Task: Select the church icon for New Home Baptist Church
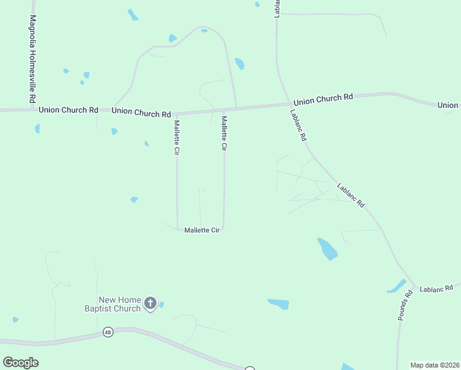coord(150,303)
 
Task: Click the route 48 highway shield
coord(108,332)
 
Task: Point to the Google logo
coord(20,363)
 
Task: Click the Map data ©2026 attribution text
coord(434,365)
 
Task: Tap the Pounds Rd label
coord(405,306)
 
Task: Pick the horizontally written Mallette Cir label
coord(202,230)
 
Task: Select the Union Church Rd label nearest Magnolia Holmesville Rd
coord(68,110)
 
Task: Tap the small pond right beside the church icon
coord(161,305)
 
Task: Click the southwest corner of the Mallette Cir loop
coord(178,229)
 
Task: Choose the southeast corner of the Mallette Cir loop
coord(223,228)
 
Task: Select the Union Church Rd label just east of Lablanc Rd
coord(323,99)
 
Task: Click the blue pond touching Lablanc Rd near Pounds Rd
coord(396,286)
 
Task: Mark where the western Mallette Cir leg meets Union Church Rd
coord(177,114)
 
